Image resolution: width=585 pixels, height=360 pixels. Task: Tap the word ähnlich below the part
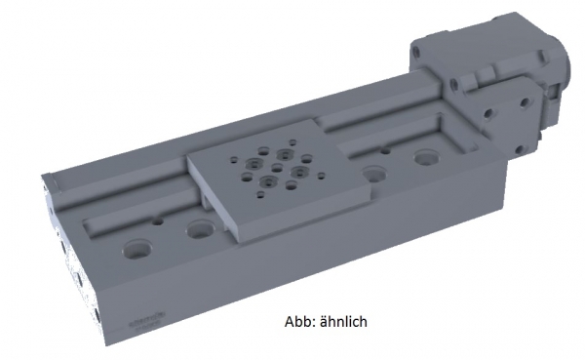click(x=343, y=321)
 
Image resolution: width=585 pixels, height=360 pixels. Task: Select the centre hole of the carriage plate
click(x=277, y=167)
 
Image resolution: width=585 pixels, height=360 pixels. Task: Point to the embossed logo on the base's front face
click(x=148, y=318)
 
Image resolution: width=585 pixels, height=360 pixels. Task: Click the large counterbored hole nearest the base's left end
click(x=137, y=249)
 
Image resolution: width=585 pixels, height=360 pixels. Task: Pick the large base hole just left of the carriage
click(x=200, y=229)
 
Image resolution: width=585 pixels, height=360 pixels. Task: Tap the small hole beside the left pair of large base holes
click(x=158, y=221)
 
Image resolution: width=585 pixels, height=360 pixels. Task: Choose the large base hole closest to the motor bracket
click(x=427, y=157)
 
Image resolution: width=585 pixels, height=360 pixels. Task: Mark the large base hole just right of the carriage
click(x=373, y=174)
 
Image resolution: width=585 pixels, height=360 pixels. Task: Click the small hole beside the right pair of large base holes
click(x=385, y=150)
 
